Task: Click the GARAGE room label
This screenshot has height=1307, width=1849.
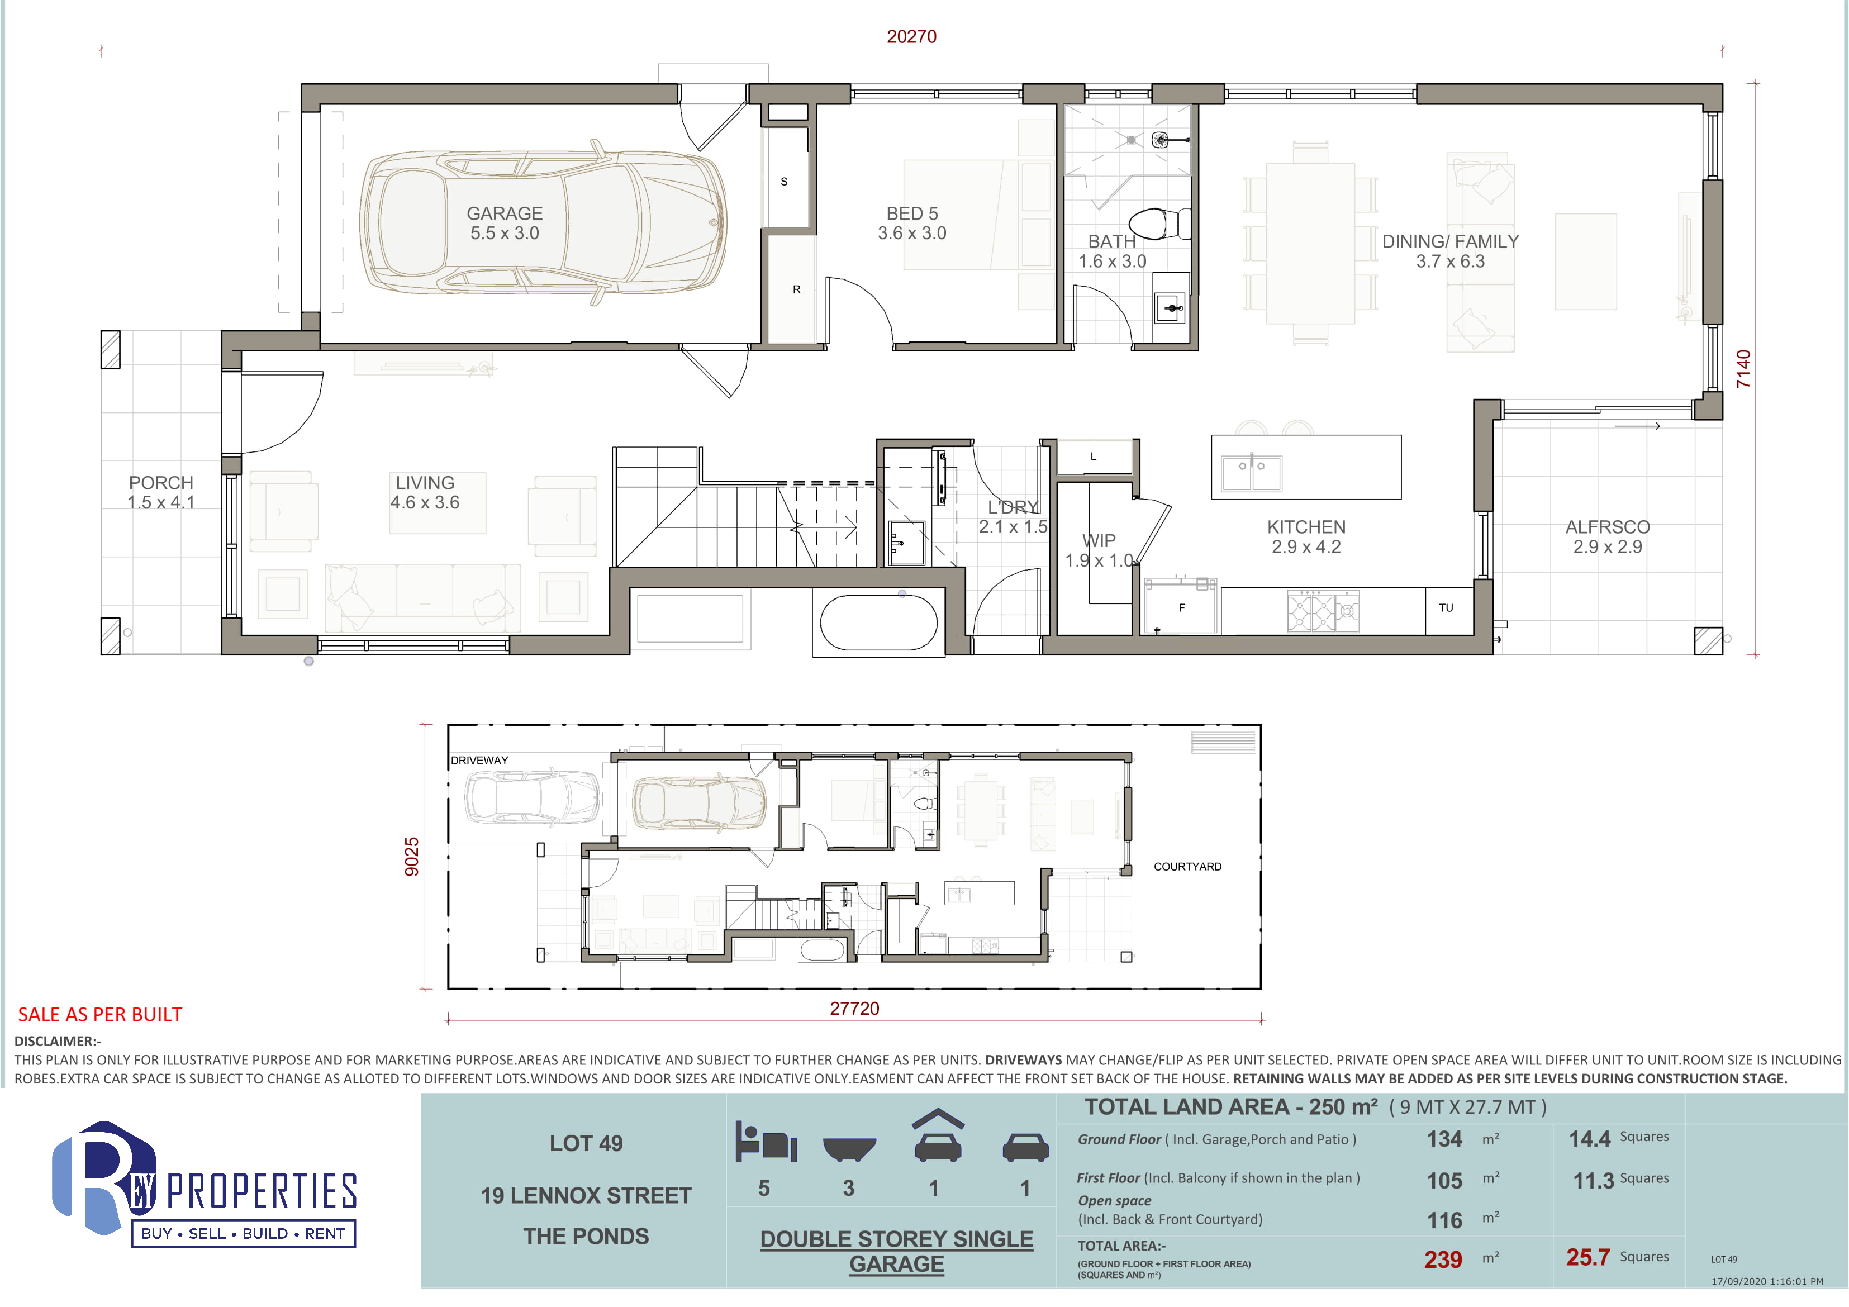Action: pos(505,213)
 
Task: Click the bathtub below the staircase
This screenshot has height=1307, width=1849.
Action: pos(878,622)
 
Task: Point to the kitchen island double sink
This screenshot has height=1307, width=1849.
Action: pos(1252,473)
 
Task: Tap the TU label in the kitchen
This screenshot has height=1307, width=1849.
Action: pos(1446,608)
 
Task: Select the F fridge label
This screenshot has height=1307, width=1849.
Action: pos(1181,608)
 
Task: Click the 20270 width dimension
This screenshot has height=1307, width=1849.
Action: pos(911,36)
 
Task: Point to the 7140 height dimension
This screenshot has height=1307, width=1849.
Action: pos(1743,369)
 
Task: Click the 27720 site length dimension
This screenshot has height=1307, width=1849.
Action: pos(854,1008)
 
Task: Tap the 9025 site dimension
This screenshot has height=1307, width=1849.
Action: pos(411,857)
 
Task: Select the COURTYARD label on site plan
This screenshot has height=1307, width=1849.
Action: pos(1188,867)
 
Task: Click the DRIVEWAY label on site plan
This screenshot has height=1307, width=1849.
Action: pos(479,760)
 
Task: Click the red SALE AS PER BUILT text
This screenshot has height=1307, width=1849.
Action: pos(100,1015)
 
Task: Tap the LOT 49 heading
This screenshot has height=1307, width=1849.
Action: pos(586,1143)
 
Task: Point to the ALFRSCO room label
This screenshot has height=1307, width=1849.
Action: pos(1608,527)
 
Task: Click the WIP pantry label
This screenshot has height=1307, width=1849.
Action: pos(1099,540)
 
